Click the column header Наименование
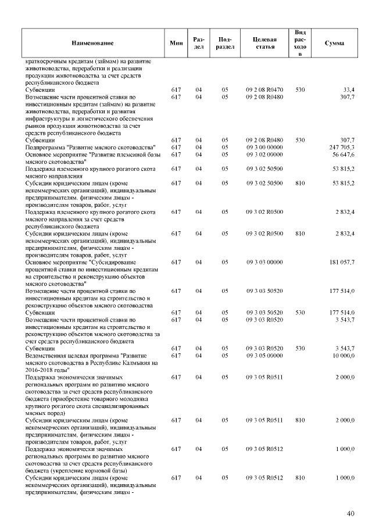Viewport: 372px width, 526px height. [x=93, y=44]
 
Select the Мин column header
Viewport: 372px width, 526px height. [x=176, y=44]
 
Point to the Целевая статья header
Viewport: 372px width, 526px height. [x=264, y=43]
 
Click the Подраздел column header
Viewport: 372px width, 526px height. [x=224, y=43]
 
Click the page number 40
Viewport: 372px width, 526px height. [x=350, y=513]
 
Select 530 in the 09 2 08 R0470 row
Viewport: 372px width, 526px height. [x=300, y=90]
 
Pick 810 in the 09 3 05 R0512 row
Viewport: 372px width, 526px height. [x=300, y=478]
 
